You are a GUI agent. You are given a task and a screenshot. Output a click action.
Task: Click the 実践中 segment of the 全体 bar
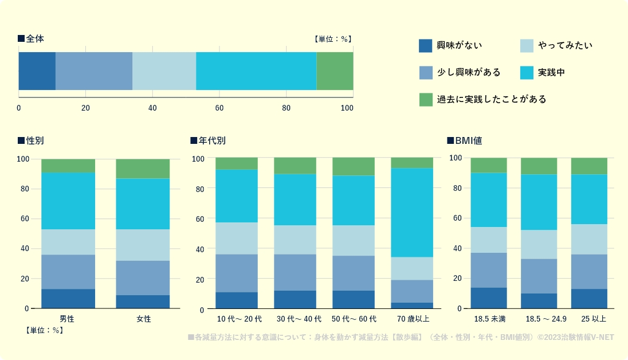click(x=256, y=71)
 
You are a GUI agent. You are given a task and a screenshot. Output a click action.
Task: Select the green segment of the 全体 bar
click(x=335, y=71)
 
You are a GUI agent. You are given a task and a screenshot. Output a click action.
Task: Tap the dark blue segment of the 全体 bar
click(x=37, y=71)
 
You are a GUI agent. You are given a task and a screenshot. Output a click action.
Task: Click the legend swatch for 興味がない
click(x=425, y=45)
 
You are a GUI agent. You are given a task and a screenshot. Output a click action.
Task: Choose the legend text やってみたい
click(x=565, y=45)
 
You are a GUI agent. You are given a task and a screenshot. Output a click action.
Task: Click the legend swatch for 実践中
click(x=527, y=72)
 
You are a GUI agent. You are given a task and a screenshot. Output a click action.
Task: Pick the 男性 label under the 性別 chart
click(x=68, y=319)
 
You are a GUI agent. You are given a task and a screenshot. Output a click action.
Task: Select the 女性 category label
click(x=143, y=319)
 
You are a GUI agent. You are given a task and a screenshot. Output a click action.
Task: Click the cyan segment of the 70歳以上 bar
click(x=412, y=212)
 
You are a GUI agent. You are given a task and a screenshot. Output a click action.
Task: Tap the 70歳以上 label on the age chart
click(x=412, y=319)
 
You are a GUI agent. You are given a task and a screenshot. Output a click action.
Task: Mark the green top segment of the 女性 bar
click(x=143, y=169)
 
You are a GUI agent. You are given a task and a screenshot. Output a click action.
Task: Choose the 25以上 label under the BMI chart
click(x=589, y=319)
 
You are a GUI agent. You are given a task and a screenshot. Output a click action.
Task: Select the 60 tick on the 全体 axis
click(x=219, y=108)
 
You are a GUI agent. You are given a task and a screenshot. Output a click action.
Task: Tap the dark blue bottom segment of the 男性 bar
click(x=68, y=299)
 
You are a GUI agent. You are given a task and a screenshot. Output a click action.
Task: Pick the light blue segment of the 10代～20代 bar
click(x=237, y=238)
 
